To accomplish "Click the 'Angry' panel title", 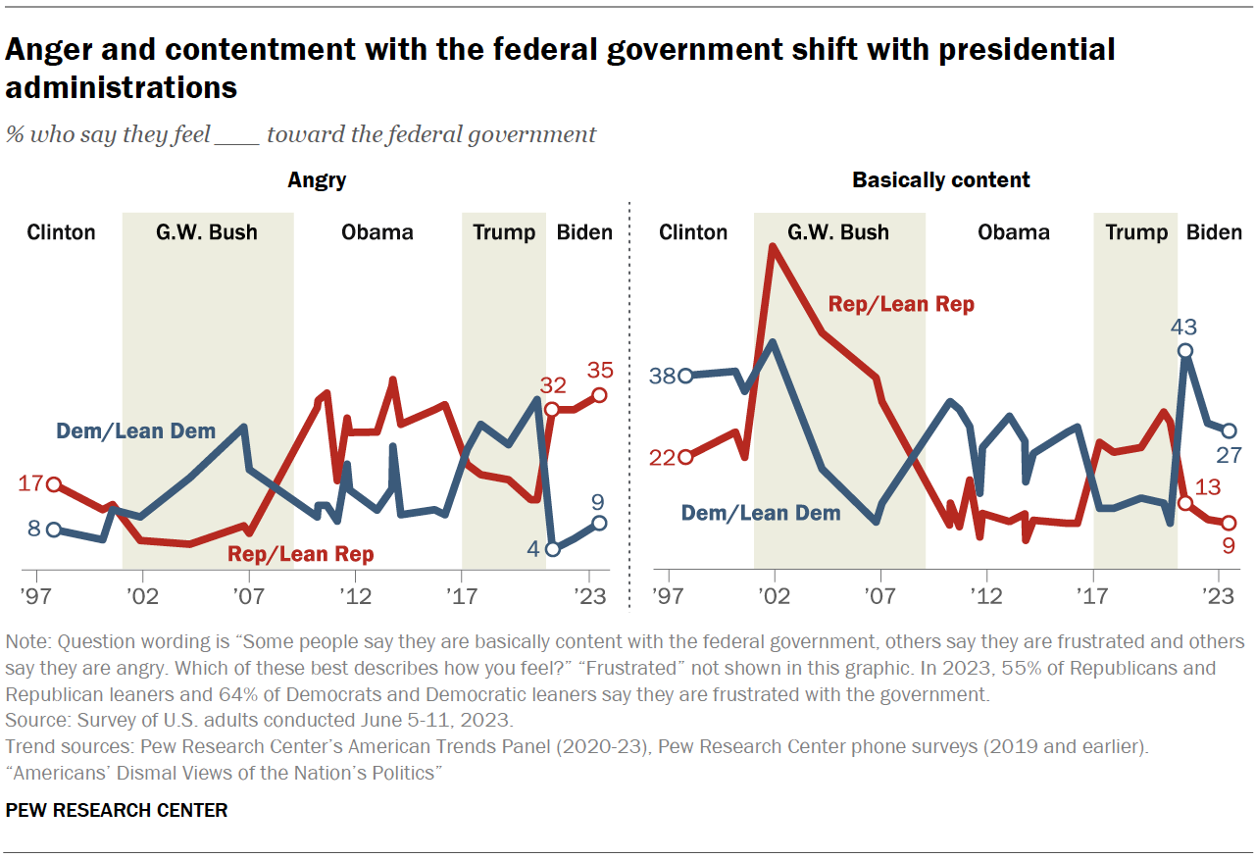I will point(316,180).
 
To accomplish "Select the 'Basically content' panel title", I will point(940,180).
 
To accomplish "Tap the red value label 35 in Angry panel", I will point(599,371).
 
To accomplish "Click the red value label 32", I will point(552,385).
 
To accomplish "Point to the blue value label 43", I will point(1184,328).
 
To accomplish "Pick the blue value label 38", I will point(663,376).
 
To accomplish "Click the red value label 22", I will point(663,457).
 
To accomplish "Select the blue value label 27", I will point(1229,455).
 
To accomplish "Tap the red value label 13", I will point(1208,486).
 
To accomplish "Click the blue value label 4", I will point(533,549).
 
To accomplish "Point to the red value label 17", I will point(31,483).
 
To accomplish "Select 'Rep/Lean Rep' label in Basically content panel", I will point(901,304).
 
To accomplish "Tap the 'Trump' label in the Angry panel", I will point(504,232).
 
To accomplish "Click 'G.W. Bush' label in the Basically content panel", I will point(838,232).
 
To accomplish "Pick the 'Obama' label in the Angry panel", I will point(376,232).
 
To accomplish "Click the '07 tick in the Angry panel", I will point(249,596).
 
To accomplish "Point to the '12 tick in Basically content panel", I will point(985,596).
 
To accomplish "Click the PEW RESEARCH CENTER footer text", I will point(117,810).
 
